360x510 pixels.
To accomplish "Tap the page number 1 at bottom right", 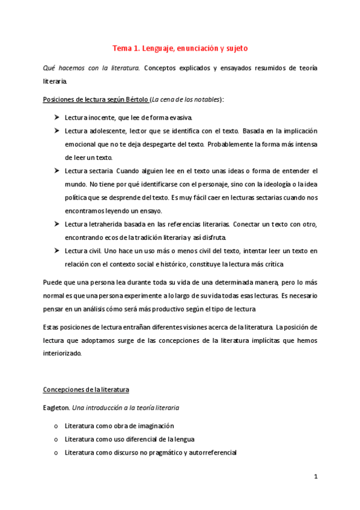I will [x=316, y=476].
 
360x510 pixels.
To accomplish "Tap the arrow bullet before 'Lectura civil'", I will [x=56, y=251].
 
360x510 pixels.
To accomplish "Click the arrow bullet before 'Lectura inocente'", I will [x=56, y=117].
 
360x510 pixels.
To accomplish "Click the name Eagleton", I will [x=56, y=407].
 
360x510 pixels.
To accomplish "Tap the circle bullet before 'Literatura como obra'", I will [x=56, y=426].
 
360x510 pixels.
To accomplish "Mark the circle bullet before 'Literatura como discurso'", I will [x=56, y=452].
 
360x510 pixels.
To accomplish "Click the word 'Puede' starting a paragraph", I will [x=53, y=282].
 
